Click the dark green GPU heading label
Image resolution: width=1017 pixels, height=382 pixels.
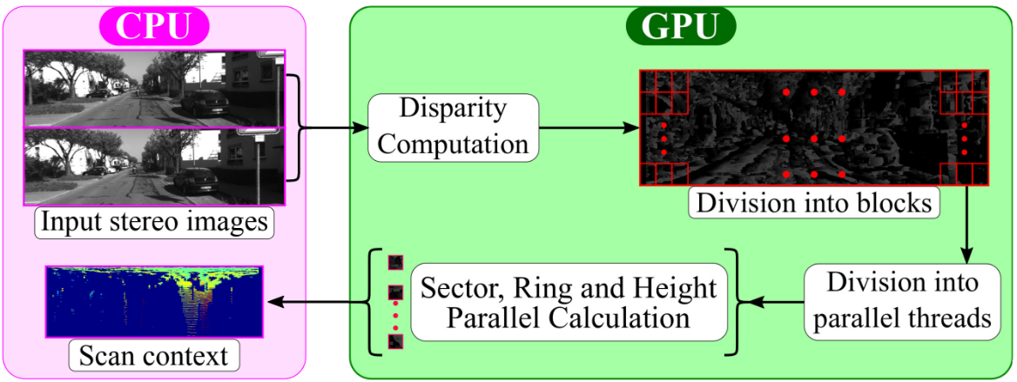(x=679, y=26)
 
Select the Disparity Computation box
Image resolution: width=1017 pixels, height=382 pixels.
(x=454, y=127)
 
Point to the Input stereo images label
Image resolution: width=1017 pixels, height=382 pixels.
(x=155, y=222)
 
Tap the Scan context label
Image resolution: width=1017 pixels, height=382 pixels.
(x=153, y=356)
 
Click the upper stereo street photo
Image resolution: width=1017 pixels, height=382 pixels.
(x=154, y=90)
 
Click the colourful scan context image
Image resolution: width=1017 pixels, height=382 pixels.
(x=154, y=302)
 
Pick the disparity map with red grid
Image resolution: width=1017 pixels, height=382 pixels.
(x=813, y=127)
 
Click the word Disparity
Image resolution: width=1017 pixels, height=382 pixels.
(x=453, y=111)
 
